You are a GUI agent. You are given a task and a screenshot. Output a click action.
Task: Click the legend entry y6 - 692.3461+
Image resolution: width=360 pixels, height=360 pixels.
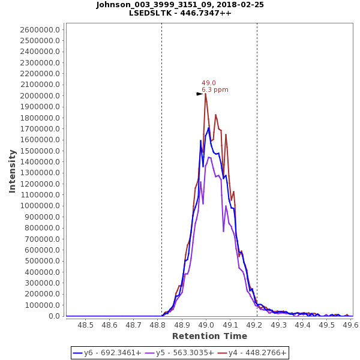pyautogui.click(x=106, y=353)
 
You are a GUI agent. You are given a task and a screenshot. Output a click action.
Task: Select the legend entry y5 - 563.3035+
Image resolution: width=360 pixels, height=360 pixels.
pyautogui.click(x=178, y=353)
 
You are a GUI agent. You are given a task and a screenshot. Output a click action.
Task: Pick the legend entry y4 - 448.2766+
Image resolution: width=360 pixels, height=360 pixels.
pyautogui.click(x=251, y=353)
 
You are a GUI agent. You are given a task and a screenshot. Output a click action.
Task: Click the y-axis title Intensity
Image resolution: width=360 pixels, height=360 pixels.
pyautogui.click(x=12, y=171)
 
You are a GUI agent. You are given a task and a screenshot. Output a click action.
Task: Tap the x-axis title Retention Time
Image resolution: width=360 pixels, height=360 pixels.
pyautogui.click(x=209, y=336)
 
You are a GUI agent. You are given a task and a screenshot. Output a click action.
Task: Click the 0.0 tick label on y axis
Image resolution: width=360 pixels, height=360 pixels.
pyautogui.click(x=54, y=316)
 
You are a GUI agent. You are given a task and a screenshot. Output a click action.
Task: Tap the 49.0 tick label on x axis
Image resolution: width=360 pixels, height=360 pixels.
pyautogui.click(x=206, y=325)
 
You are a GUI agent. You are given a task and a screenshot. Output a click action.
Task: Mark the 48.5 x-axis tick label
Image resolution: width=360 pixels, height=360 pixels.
pyautogui.click(x=85, y=325)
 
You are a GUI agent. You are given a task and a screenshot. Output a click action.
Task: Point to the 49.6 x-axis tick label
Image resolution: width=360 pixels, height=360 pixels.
pyautogui.click(x=350, y=325)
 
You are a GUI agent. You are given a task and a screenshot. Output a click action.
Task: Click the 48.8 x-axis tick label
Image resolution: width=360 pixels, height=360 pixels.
pyautogui.click(x=157, y=325)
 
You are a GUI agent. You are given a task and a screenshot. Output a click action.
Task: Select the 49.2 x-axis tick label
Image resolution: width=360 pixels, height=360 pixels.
pyautogui.click(x=254, y=325)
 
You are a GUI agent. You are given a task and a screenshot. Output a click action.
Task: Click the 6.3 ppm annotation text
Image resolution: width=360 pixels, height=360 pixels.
pyautogui.click(x=215, y=90)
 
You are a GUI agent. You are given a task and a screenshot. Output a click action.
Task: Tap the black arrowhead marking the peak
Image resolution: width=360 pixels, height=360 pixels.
pyautogui.click(x=200, y=94)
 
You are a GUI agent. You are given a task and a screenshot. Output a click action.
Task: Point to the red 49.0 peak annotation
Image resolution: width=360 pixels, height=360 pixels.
pyautogui.click(x=209, y=83)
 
